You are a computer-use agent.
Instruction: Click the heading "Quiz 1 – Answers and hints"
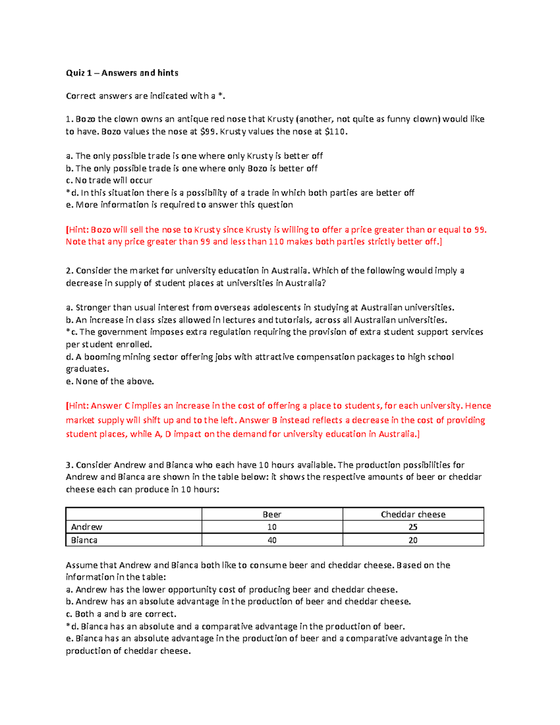pos(122,73)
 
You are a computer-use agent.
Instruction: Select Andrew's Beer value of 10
pos(272,527)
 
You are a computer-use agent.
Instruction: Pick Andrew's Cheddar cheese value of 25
pos(413,527)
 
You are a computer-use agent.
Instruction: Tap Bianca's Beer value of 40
pos(272,540)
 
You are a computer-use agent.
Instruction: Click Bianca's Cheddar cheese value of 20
pos(413,540)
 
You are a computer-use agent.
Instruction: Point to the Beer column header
pos(272,514)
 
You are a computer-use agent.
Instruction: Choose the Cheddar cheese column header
pos(413,514)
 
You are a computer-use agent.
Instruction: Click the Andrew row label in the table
pos(86,527)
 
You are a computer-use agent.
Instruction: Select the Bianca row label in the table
pos(84,540)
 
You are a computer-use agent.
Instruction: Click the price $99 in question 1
pos(208,132)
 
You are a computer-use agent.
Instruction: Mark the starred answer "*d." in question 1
pos(72,193)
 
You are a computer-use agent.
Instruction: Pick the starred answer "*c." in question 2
pos(72,332)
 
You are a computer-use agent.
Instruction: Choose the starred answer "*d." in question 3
pos(72,626)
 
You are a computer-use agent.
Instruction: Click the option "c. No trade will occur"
pos(109,180)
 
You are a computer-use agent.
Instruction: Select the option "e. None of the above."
pos(110,381)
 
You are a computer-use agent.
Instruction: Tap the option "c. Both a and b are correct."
pos(121,614)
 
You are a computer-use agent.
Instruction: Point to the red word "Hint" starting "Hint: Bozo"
pos(78,230)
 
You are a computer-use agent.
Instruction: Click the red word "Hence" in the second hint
pos(478,406)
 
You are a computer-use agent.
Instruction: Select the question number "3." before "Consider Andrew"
pos(70,465)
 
